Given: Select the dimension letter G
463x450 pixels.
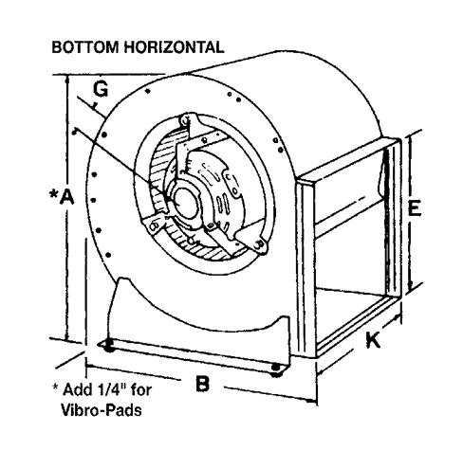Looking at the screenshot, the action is click(101, 89).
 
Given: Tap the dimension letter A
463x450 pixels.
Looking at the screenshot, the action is click(67, 197).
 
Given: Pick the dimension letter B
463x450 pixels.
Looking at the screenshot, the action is click(202, 384).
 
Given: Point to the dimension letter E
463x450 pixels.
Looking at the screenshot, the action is click(415, 207).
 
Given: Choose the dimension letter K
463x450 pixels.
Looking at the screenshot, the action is click(373, 340).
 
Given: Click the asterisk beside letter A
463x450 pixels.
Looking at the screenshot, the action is click(54, 193).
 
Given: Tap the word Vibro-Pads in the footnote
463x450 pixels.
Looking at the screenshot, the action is click(101, 410).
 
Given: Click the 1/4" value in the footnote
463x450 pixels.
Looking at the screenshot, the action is click(107, 389).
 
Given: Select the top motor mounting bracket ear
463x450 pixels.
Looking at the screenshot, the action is click(187, 121).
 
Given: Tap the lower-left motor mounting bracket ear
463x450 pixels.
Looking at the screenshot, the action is click(155, 225).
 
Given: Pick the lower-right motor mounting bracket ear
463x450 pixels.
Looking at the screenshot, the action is click(259, 244).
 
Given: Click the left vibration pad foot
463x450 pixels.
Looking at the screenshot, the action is click(108, 345).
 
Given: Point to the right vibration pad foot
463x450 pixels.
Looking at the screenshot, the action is click(276, 369).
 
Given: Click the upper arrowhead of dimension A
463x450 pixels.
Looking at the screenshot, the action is click(66, 79).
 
